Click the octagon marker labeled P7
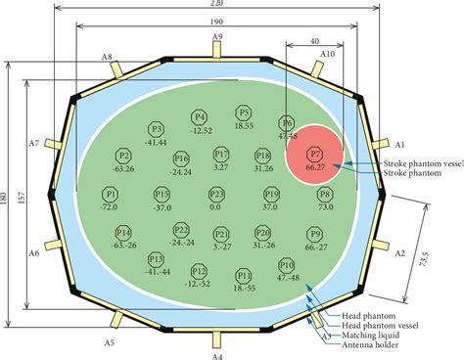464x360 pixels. (x=315, y=155)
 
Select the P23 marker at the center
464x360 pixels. (x=216, y=195)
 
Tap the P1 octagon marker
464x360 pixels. (x=111, y=195)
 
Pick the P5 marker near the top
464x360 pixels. (x=244, y=113)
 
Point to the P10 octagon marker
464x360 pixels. (x=287, y=265)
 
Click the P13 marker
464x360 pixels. (x=155, y=258)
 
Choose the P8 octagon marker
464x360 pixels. (x=325, y=195)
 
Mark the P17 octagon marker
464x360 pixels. (x=220, y=155)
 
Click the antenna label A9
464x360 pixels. (x=217, y=37)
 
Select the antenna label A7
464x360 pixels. (x=33, y=144)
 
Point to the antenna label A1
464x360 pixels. (x=398, y=144)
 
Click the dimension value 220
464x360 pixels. (x=217, y=5)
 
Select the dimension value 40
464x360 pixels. (x=312, y=41)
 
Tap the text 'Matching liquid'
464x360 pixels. (x=370, y=334)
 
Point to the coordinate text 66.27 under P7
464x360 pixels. (x=315, y=168)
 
